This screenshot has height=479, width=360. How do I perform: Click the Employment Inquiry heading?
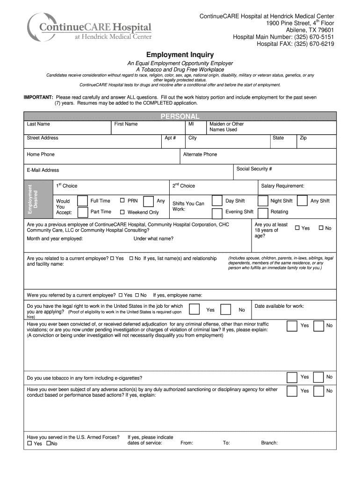pos(180,55)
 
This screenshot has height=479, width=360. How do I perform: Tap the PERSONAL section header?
pos(180,116)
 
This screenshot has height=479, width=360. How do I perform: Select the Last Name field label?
pos(38,124)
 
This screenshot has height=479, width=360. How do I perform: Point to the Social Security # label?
pos(254,169)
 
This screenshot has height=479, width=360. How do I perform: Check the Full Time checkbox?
pos(82,201)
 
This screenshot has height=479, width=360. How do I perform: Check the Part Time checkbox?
pos(82,213)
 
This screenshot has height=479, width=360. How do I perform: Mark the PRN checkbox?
pos(122,200)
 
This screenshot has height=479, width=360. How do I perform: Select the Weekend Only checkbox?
pos(122,212)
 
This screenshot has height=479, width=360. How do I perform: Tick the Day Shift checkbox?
pos(217,201)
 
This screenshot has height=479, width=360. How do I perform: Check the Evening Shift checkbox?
pos(217,213)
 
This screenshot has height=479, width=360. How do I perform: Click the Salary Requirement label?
pos(282,186)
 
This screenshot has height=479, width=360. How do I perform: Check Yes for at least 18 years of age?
pos(297,228)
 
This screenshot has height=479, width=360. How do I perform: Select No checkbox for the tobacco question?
pos(318,377)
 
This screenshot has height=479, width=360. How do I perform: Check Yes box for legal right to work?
pos(193,309)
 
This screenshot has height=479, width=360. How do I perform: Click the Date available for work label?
pos(279,306)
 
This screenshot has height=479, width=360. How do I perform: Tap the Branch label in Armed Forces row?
pos(269,443)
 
